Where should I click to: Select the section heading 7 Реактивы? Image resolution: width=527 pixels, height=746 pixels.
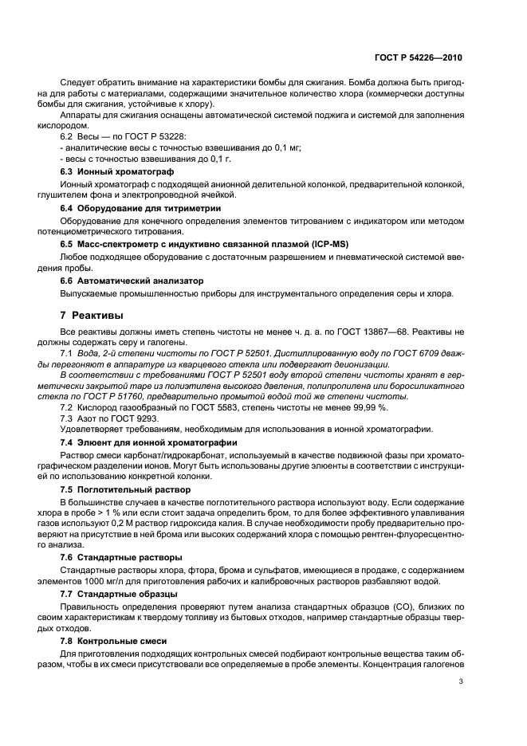click(x=93, y=316)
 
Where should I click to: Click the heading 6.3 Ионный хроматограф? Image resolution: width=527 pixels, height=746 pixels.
click(x=118, y=171)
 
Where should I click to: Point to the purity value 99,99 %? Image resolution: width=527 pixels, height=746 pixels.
click(x=369, y=407)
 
